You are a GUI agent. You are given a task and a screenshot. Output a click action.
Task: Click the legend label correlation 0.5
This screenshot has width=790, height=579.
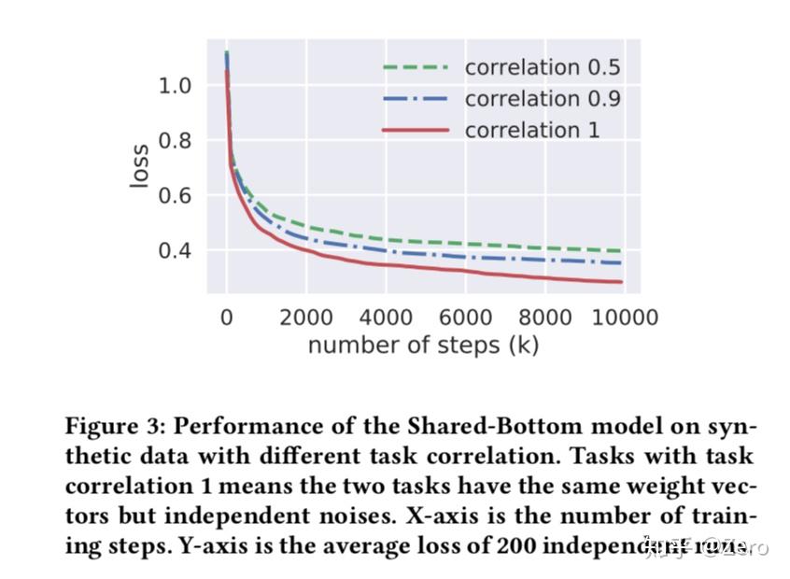[542, 67]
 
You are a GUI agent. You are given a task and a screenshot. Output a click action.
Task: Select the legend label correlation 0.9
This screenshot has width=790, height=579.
[542, 98]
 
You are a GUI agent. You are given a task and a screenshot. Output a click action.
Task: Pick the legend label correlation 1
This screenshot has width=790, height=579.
[531, 130]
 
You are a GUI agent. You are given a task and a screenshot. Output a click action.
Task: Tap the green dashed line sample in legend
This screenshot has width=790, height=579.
[416, 67]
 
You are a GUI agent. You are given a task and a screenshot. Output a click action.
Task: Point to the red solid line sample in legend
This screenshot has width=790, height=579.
[416, 130]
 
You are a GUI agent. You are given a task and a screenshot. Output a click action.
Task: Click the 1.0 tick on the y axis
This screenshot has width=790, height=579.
[176, 86]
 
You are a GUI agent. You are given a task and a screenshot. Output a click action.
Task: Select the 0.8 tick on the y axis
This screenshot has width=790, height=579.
[176, 141]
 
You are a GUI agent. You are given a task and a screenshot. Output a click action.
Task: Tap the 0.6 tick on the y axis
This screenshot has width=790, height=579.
[176, 195]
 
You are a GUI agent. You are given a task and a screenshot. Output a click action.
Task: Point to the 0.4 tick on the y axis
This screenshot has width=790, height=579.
[176, 250]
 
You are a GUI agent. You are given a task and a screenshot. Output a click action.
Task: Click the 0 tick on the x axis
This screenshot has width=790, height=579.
[226, 317]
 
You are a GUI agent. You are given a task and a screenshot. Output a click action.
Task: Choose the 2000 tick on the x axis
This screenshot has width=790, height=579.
[306, 317]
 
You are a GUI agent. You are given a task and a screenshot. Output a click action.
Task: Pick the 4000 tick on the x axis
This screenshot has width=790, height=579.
[386, 317]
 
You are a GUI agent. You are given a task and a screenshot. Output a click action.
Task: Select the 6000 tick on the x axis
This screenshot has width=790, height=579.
[465, 317]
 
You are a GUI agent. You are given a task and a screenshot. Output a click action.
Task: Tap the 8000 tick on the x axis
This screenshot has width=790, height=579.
[545, 317]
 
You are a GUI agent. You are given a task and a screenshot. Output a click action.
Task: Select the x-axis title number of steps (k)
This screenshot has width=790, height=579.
[423, 346]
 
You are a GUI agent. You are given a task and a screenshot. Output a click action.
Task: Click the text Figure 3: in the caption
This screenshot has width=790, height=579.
[114, 427]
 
